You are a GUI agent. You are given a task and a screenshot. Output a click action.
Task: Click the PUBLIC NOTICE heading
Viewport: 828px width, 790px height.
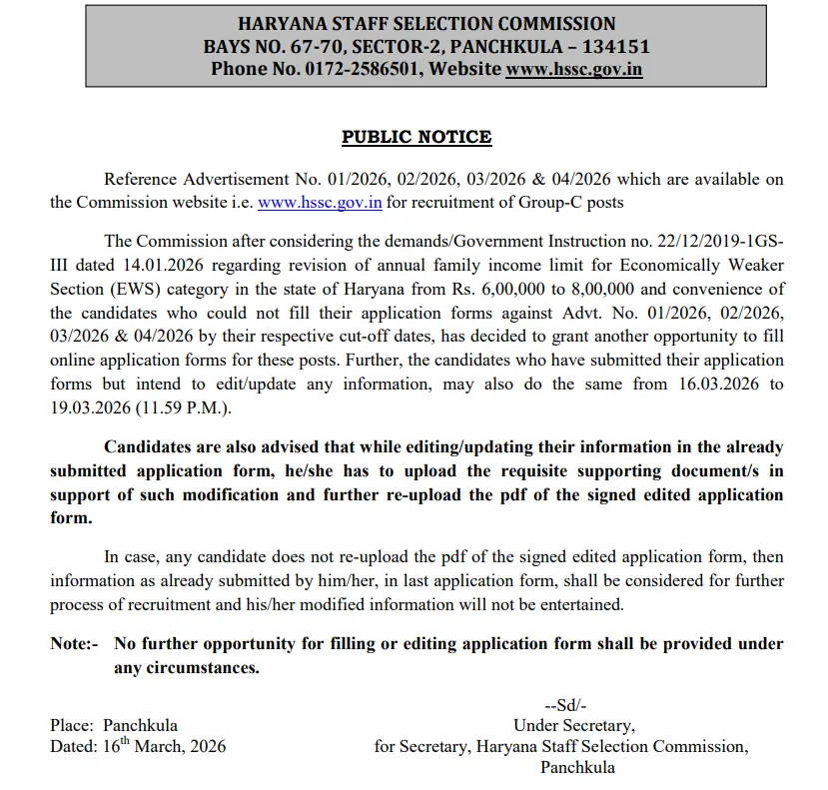pos(416,137)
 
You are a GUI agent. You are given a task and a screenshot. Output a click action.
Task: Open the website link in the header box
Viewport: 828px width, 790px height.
pos(573,69)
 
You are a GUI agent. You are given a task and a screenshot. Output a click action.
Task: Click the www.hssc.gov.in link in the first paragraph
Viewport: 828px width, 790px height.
pos(320,202)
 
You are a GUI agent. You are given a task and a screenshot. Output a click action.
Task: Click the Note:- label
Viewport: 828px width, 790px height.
pos(74,644)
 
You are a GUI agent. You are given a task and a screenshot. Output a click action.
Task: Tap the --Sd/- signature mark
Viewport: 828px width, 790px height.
pos(565,705)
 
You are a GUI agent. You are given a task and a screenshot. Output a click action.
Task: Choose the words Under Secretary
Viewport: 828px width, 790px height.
pos(573,725)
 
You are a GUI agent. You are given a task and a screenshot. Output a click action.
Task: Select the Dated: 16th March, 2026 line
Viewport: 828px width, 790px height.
pos(138,746)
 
